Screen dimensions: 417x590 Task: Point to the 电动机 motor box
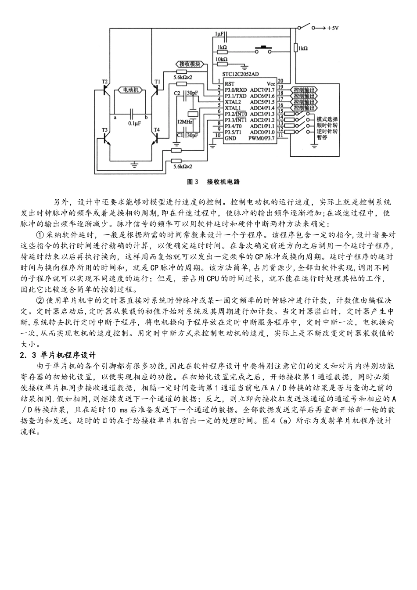coord(130,90)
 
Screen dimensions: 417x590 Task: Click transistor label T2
coord(104,82)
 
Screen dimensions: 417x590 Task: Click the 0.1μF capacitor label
coord(134,123)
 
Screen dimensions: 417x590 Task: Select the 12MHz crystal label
coord(183,121)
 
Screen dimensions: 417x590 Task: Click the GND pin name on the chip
coord(230,138)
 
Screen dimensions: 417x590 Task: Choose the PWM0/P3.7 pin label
coord(262,138)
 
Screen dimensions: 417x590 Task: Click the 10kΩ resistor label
coord(221,58)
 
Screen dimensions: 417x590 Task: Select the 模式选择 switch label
coord(327,119)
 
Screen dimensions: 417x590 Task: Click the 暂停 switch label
coord(322,137)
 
